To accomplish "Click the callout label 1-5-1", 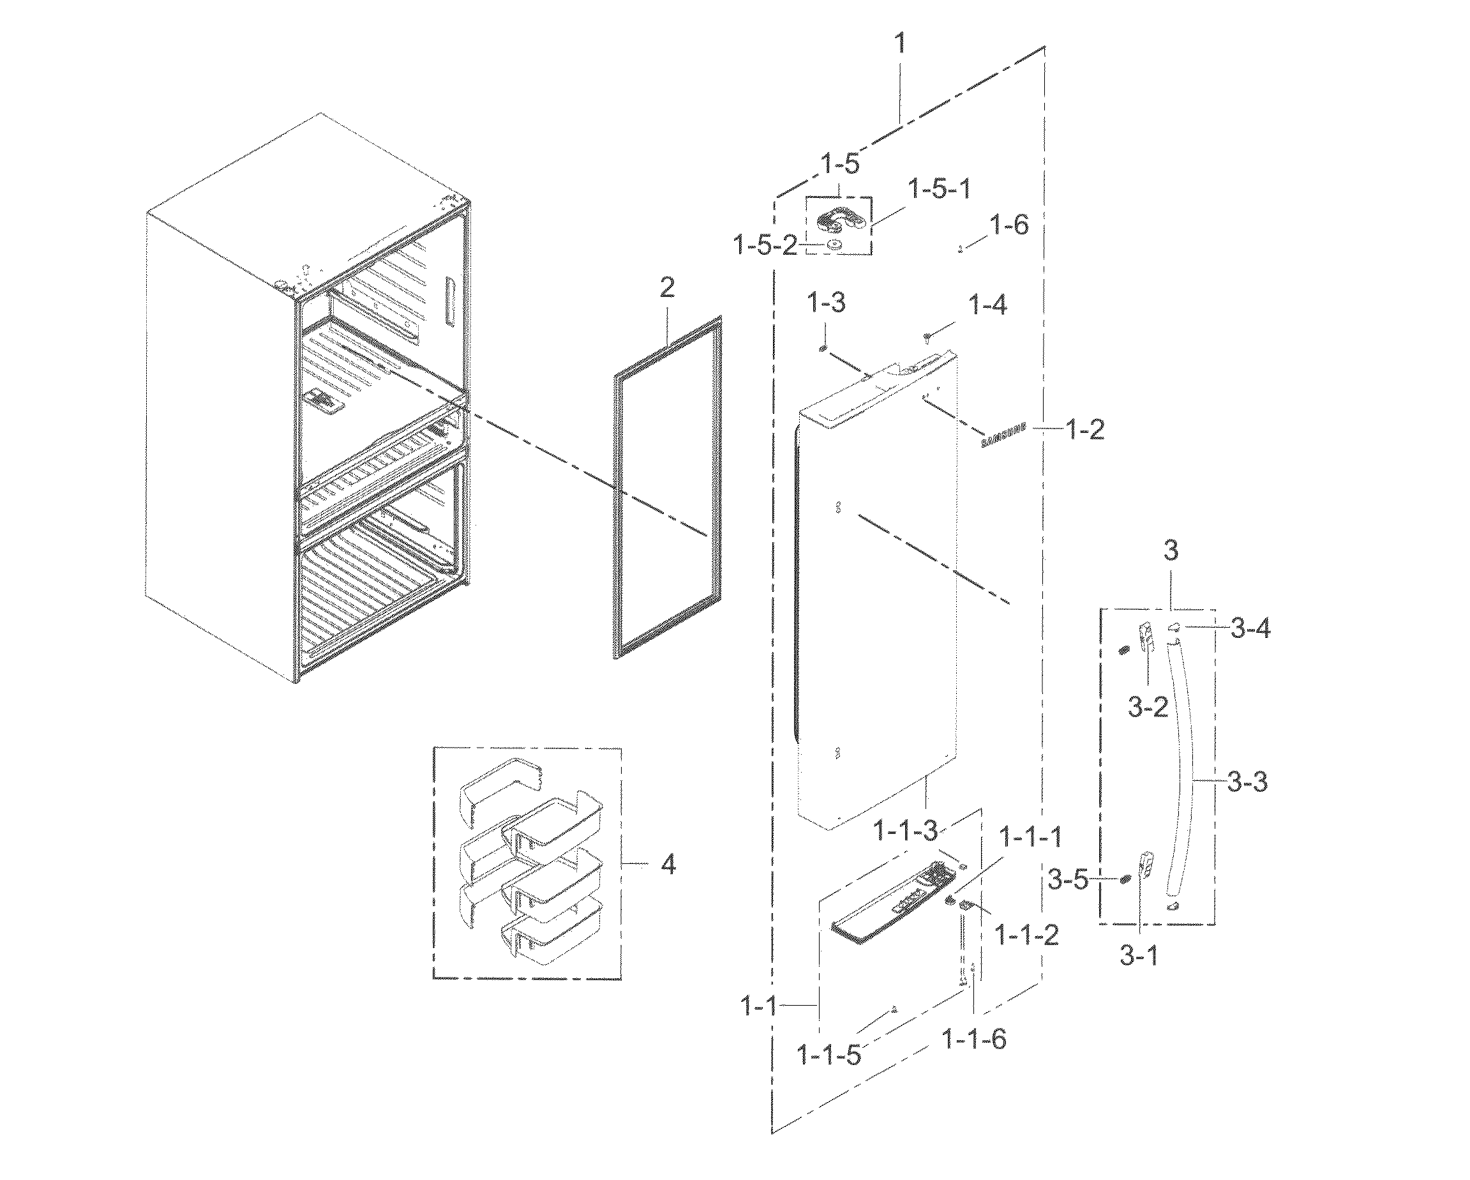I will (x=939, y=189).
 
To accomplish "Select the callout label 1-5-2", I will (x=764, y=245).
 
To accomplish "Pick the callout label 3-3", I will (x=1247, y=782).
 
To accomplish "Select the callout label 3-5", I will (x=1068, y=881).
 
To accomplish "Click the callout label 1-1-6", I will (x=973, y=1039).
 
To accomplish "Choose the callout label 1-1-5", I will (x=829, y=1055).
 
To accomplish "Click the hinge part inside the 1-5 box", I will (x=839, y=219).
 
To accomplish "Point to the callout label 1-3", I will (x=827, y=302).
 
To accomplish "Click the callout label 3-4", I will (x=1250, y=628).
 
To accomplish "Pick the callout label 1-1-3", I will (x=906, y=830).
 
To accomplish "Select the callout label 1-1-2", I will (x=1027, y=934).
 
